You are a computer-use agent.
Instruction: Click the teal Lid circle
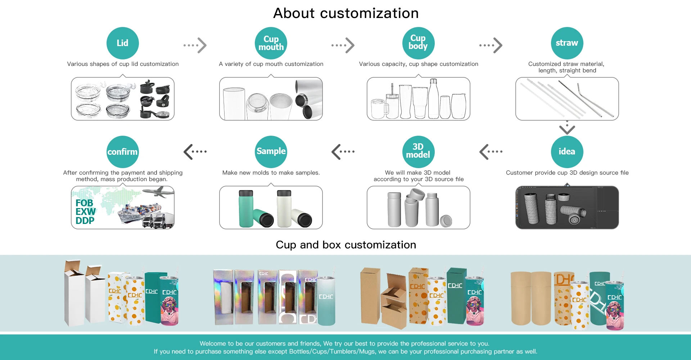(x=122, y=43)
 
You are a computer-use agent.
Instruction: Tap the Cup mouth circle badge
(x=271, y=43)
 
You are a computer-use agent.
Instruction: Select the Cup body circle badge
(x=418, y=43)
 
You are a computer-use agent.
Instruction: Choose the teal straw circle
(x=567, y=43)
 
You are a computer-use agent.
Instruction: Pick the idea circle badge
(x=567, y=152)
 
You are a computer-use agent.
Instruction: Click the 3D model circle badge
(x=418, y=152)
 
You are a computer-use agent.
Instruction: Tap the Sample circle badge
(x=271, y=152)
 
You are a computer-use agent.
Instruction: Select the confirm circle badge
(x=122, y=152)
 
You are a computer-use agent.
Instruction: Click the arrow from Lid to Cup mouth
(x=195, y=45)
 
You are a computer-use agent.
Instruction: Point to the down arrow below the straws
(x=567, y=128)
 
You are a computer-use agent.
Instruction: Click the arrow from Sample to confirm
(x=195, y=152)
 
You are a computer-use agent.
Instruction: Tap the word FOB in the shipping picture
(x=84, y=203)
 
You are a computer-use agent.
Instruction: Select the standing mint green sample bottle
(x=246, y=209)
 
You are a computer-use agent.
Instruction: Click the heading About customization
(x=346, y=13)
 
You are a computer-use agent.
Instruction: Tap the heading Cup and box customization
(x=346, y=245)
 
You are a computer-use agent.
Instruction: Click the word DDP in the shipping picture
(x=85, y=221)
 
